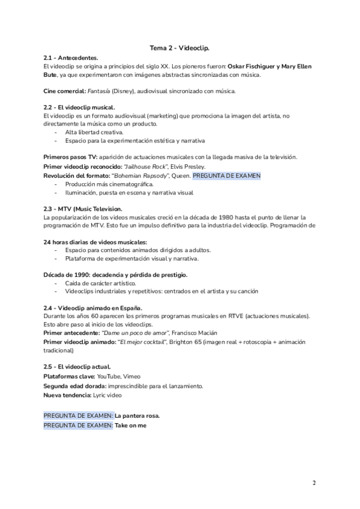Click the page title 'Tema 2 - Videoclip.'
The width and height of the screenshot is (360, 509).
(x=179, y=46)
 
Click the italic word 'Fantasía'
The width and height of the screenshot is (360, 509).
(x=99, y=91)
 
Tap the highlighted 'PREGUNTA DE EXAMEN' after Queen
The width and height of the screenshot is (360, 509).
(x=227, y=175)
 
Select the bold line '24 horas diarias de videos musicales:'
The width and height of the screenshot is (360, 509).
(x=95, y=241)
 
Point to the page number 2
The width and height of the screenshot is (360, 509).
(x=314, y=482)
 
